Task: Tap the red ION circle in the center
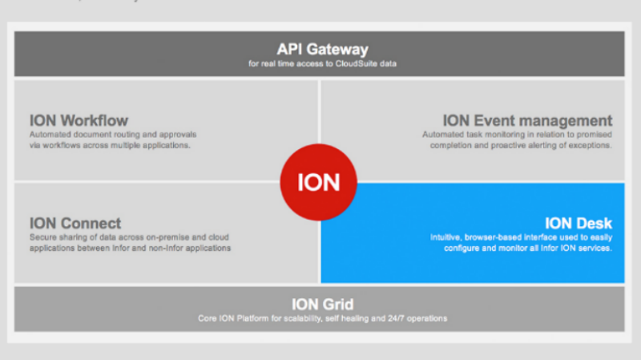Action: tap(319, 182)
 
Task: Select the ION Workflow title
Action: tap(79, 121)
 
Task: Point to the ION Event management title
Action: tap(527, 121)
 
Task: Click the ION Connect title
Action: tap(75, 224)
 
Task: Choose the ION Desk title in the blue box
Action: tap(579, 224)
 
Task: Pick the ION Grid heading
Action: tap(322, 305)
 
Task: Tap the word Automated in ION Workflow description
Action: tap(49, 135)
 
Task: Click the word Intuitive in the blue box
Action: tap(445, 237)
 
